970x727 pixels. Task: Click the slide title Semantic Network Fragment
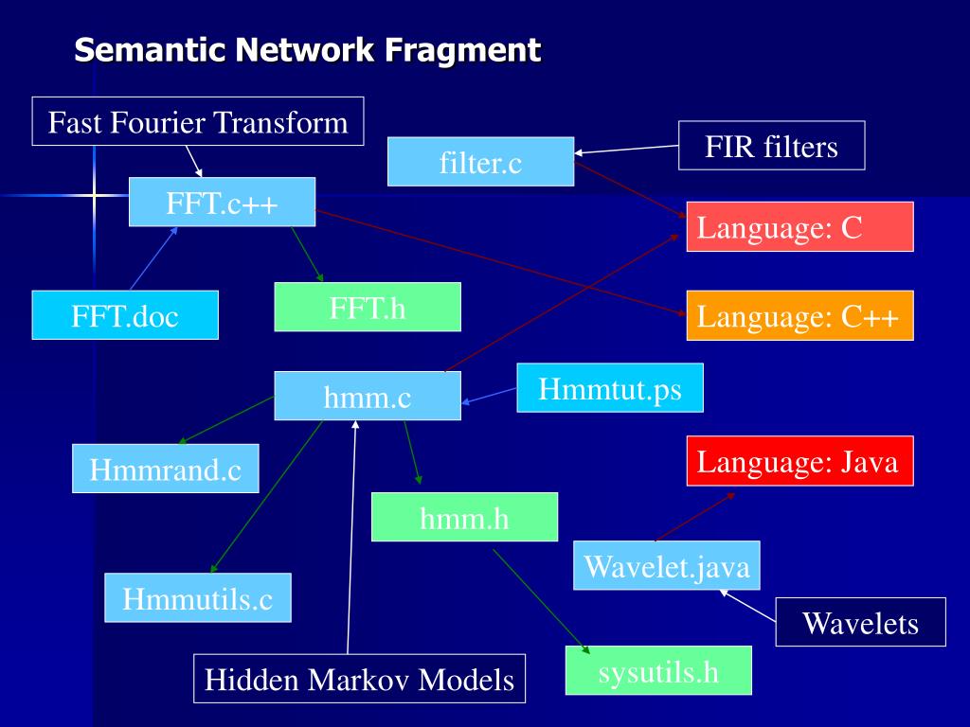coord(308,49)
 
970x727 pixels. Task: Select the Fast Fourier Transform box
coord(198,121)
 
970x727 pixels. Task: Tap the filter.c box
coord(480,162)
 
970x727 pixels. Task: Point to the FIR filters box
coord(771,146)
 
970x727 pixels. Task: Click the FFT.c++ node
coord(222,202)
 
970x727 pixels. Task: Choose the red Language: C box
coord(799,227)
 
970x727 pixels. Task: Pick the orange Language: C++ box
coord(799,315)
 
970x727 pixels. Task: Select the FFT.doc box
coord(125,315)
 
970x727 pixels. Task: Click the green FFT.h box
coord(368,307)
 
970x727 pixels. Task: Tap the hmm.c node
coord(368,396)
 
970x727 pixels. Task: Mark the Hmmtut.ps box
coord(610,388)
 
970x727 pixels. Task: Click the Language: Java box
coord(799,461)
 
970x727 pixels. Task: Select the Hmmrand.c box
coord(166,469)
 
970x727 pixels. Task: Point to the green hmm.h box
coord(464,517)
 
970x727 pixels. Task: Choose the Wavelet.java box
coord(667,566)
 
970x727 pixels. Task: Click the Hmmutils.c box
coord(197,597)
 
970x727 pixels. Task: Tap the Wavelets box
coord(860,622)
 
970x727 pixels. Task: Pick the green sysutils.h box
coord(658,671)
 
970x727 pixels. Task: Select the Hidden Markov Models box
coord(360,679)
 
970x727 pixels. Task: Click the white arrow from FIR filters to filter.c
coord(627,149)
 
